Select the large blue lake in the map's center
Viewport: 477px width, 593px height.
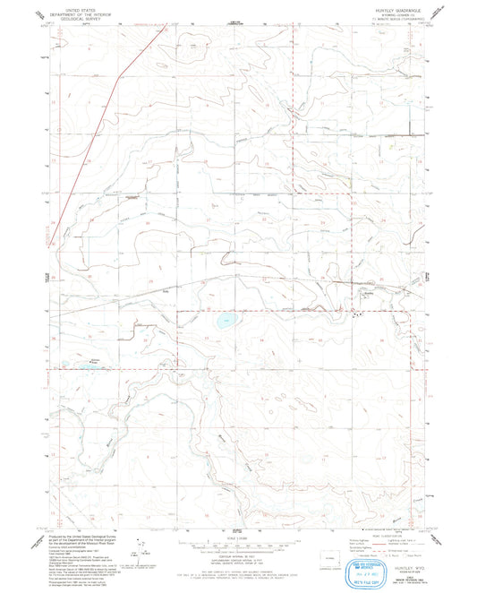223,319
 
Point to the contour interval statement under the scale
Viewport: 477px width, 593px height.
237,560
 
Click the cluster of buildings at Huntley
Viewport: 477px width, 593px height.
360,312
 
